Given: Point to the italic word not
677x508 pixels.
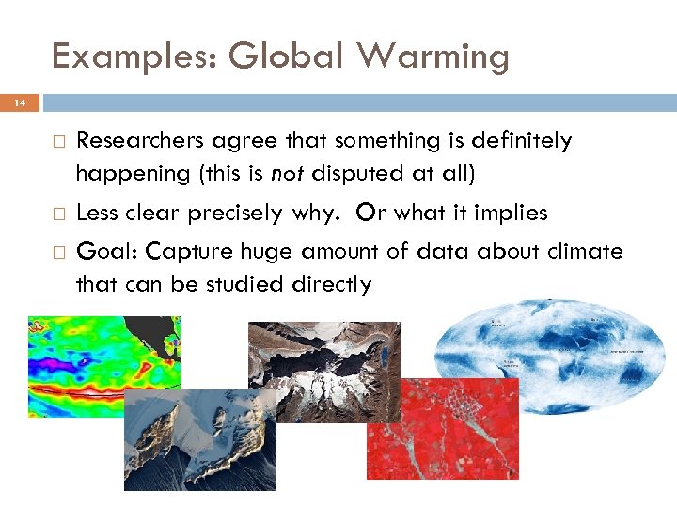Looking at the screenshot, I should [289, 175].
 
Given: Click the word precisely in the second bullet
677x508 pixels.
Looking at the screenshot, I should [235, 214].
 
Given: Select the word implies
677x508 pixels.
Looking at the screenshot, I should [512, 214].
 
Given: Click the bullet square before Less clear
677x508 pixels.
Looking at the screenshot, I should [58, 214].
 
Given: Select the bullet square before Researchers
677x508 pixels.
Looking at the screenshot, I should [58, 141].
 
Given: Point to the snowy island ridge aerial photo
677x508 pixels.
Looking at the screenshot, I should [199, 439].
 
